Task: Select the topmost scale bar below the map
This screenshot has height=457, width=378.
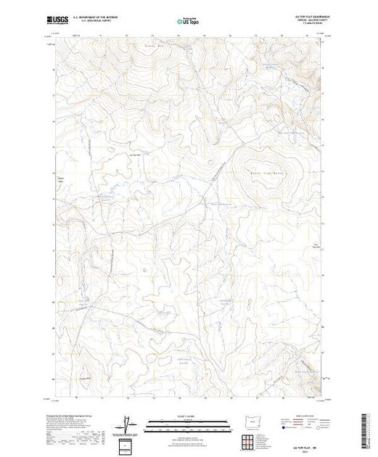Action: (188, 420)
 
